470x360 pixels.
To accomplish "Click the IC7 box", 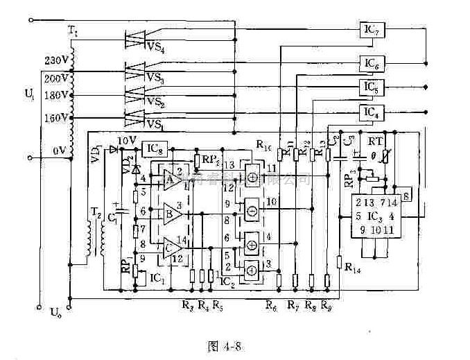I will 372,30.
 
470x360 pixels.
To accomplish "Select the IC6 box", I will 372,64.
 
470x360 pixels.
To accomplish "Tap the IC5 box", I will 372,87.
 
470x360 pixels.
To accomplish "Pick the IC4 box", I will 372,111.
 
